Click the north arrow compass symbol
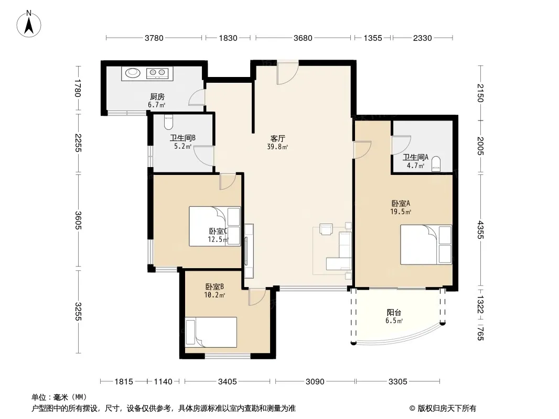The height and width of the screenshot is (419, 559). (x=29, y=24)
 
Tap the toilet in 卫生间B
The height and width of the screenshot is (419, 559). (x=168, y=122)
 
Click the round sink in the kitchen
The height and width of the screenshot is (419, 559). (x=133, y=73)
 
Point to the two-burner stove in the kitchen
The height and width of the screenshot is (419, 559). (x=157, y=73)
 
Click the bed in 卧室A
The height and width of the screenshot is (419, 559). (x=426, y=245)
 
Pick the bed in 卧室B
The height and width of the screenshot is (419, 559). (x=211, y=332)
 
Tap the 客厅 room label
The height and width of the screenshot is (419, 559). (x=278, y=138)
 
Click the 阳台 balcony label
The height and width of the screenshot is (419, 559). (x=394, y=313)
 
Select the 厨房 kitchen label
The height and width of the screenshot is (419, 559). (x=157, y=96)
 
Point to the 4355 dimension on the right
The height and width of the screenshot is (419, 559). (x=480, y=230)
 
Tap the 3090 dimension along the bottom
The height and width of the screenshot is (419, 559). (x=315, y=382)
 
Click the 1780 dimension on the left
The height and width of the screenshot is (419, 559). (x=78, y=88)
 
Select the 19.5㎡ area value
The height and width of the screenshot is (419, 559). (x=401, y=212)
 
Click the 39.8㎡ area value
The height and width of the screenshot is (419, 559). (x=278, y=146)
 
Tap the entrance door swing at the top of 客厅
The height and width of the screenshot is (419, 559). (x=287, y=73)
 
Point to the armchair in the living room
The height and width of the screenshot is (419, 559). (x=326, y=229)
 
